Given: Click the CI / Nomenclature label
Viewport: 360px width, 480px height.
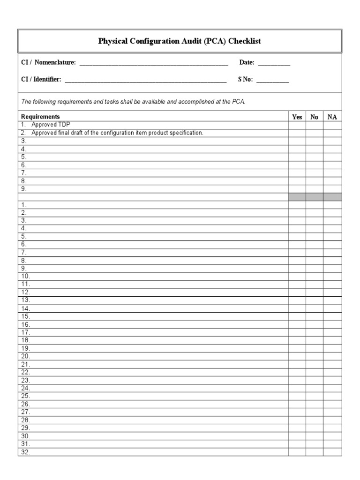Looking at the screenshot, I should [x=48, y=63].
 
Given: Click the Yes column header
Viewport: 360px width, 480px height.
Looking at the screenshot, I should [x=297, y=117].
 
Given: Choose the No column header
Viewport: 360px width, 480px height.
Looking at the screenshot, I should [x=314, y=117].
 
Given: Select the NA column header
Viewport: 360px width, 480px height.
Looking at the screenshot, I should [x=332, y=117].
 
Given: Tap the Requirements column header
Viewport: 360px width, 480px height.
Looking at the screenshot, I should [x=40, y=117].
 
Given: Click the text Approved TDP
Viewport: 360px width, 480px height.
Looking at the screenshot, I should [x=51, y=125].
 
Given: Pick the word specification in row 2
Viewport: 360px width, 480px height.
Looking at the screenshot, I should [x=186, y=133].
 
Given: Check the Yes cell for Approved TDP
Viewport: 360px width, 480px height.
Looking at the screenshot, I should [x=297, y=125].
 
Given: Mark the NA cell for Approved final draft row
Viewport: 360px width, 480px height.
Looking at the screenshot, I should [x=332, y=133].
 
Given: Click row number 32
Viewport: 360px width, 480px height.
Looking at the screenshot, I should [x=25, y=452].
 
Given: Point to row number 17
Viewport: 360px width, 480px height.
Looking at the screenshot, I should [x=25, y=332].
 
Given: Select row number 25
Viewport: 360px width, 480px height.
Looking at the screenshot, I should [x=25, y=396].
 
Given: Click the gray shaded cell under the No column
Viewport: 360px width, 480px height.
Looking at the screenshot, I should [x=314, y=197].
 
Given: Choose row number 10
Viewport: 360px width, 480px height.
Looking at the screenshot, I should [x=25, y=277].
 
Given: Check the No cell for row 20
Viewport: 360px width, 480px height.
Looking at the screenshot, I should [x=314, y=356].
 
